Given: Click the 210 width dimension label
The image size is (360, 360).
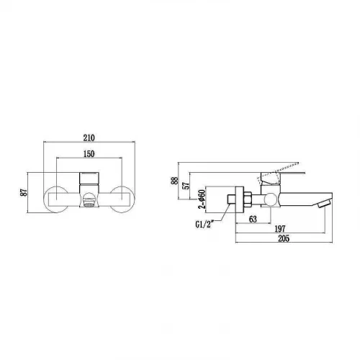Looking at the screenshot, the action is pos(89,138).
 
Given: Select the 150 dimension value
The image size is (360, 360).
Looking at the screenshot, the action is pos(89,154).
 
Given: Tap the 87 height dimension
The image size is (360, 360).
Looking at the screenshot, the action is pos(24,192).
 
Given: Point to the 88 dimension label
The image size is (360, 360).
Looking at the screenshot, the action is pos(175,181).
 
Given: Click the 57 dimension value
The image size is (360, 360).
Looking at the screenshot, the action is pos(186,186).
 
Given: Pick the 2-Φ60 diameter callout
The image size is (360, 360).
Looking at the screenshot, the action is pos(202,199).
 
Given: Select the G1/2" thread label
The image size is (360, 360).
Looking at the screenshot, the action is pos(204,225).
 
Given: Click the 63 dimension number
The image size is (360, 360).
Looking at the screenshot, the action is pos(253,219).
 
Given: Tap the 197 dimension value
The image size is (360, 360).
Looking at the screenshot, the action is pos(280,229).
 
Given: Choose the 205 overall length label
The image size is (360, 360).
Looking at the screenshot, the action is pos(284,238).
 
